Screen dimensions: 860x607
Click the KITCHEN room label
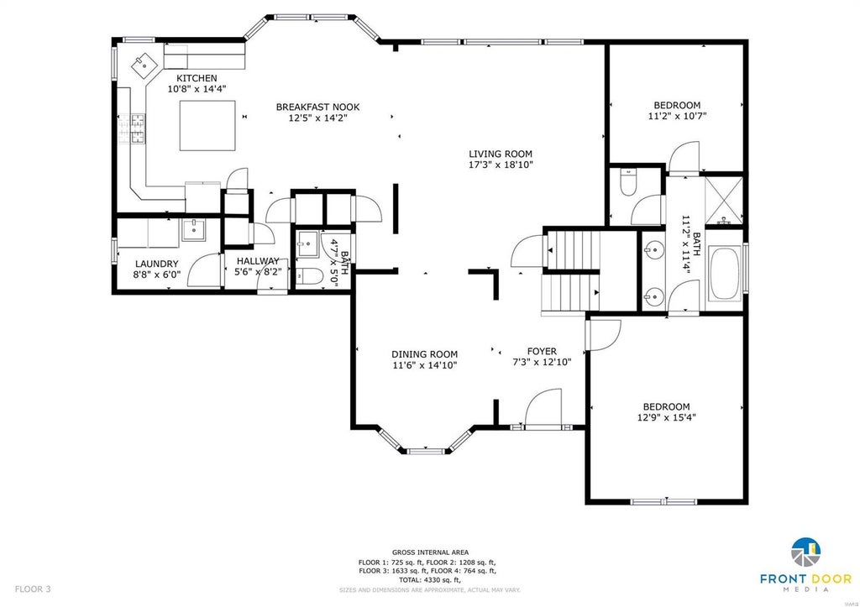pyautogui.click(x=197, y=78)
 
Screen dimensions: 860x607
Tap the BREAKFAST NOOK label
pyautogui.click(x=317, y=107)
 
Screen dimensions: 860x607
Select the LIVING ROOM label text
pyautogui.click(x=501, y=154)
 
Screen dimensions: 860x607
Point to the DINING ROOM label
pyautogui.click(x=424, y=354)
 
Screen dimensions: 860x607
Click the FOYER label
pyautogui.click(x=542, y=351)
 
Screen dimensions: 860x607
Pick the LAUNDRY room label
pyautogui.click(x=156, y=264)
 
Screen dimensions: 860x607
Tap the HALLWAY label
pyautogui.click(x=258, y=261)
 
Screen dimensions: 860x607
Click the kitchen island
pyautogui.click(x=207, y=125)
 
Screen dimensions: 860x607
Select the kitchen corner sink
pyautogui.click(x=144, y=65)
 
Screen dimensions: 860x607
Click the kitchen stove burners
pyautogui.click(x=132, y=128)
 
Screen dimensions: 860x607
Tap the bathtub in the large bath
pyautogui.click(x=725, y=273)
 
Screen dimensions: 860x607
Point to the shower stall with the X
pyautogui.click(x=723, y=199)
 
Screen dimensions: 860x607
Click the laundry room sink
pyautogui.click(x=192, y=230)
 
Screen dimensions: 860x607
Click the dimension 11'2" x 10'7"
pyautogui.click(x=677, y=116)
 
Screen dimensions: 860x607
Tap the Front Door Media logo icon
pyautogui.click(x=805, y=552)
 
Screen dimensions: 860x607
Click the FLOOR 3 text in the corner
pyautogui.click(x=33, y=589)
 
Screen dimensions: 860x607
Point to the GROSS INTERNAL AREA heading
pyautogui.click(x=430, y=552)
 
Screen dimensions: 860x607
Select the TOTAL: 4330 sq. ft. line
pyautogui.click(x=430, y=579)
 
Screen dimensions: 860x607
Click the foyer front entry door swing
pyautogui.click(x=543, y=407)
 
